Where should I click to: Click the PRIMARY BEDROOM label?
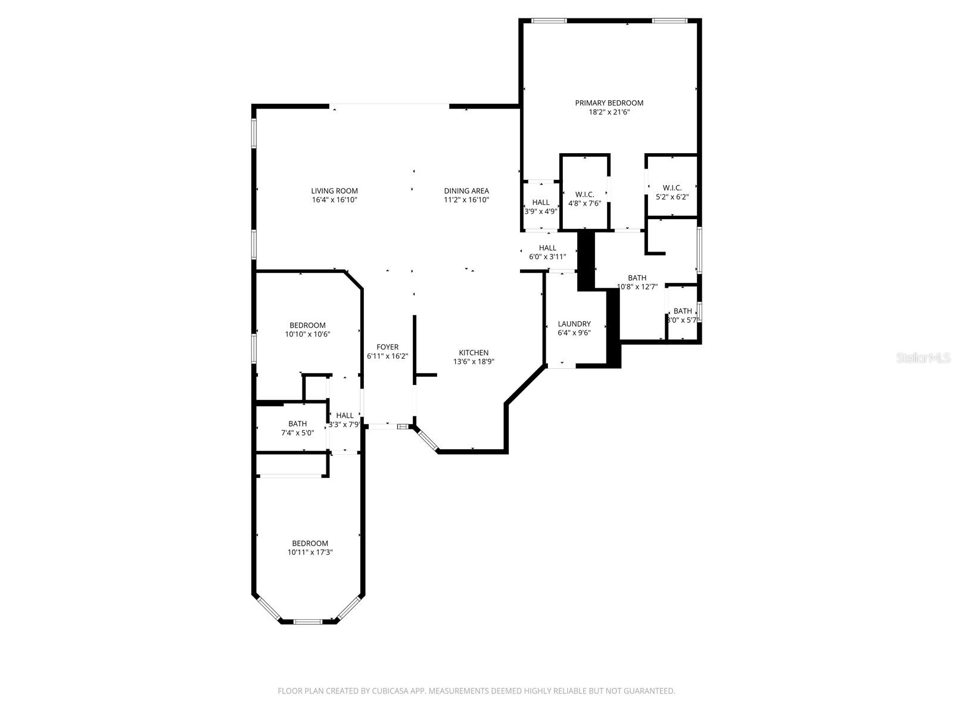tap(609, 103)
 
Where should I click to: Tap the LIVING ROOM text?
tap(334, 191)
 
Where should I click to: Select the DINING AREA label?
tap(466, 191)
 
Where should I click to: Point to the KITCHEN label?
tap(474, 353)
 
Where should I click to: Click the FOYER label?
tap(387, 347)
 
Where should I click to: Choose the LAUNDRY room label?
tap(574, 324)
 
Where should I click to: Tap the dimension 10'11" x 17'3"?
tap(310, 552)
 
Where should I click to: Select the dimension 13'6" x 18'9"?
tap(474, 362)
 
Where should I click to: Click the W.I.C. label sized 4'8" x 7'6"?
tap(584, 194)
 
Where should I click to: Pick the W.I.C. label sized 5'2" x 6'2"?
tap(672, 188)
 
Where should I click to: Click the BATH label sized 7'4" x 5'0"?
tap(297, 424)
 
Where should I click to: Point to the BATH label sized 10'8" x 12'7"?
tap(637, 278)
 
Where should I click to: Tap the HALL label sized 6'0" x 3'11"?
tap(547, 248)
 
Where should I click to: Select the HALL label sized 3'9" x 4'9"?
tap(541, 203)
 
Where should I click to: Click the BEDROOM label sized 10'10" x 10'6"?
tap(307, 325)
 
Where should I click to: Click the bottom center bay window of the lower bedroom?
tap(308, 622)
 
